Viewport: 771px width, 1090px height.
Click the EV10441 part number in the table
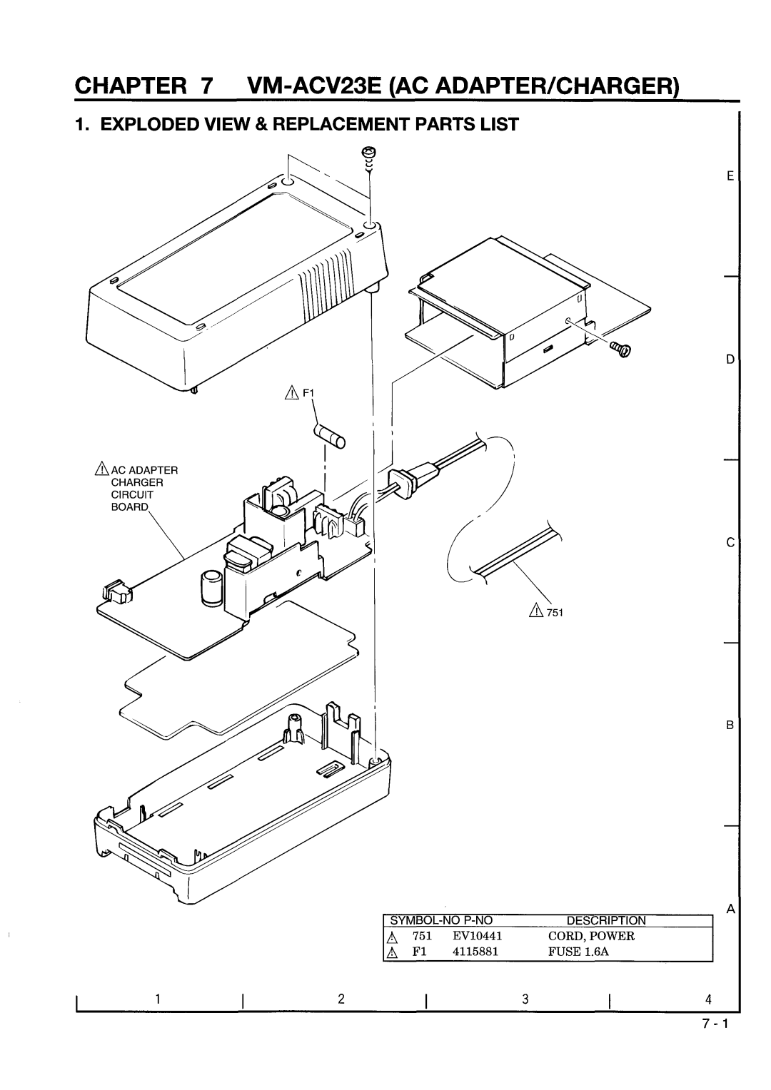(470, 936)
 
